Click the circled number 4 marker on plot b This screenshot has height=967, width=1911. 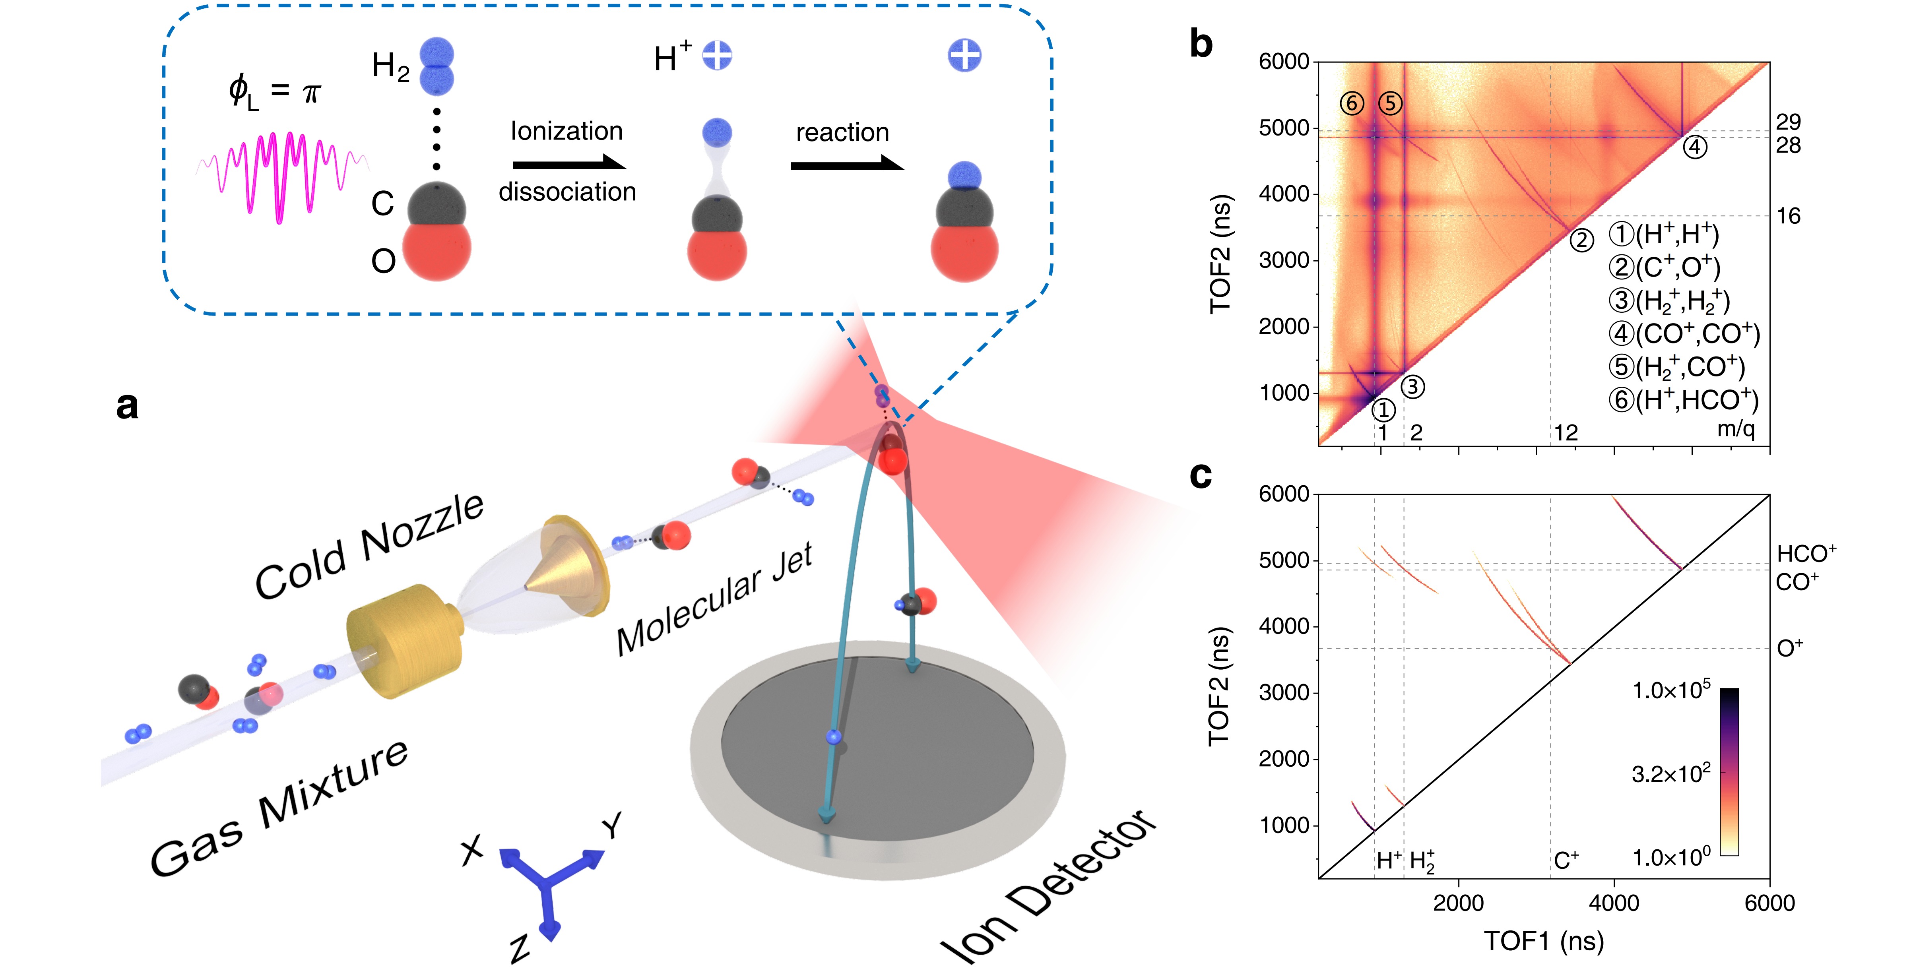(1694, 147)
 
